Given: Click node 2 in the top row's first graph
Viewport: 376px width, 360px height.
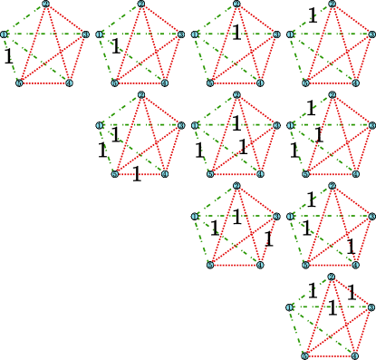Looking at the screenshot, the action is pos(45,5).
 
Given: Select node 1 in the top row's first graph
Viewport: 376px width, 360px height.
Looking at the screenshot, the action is pos(5,34).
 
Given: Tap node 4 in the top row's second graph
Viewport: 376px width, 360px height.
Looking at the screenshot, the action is pos(165,83).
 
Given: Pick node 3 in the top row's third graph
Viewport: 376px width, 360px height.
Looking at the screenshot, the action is pos(276,34).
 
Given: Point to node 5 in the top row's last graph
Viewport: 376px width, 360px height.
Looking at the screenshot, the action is pos(305,83).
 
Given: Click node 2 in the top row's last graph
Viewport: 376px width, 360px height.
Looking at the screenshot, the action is pos(332,5).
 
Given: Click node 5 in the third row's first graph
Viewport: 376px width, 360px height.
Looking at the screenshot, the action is pos(210,264).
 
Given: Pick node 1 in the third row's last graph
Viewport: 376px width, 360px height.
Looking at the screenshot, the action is pos(291,216).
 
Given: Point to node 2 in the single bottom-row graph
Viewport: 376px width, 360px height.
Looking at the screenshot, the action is pos(332,277).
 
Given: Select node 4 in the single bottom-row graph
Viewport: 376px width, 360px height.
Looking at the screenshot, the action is pos(356,355).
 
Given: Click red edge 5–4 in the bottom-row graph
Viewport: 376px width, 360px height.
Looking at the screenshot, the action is pos(331,355).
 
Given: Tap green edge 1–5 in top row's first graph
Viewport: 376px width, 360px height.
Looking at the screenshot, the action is pos(12,59).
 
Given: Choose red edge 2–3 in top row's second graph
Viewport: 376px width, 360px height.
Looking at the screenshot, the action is pos(161,20).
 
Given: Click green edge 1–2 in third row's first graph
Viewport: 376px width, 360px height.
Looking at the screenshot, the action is pos(216,201).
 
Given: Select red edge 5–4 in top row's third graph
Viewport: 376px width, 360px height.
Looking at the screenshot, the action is pos(236,83).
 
